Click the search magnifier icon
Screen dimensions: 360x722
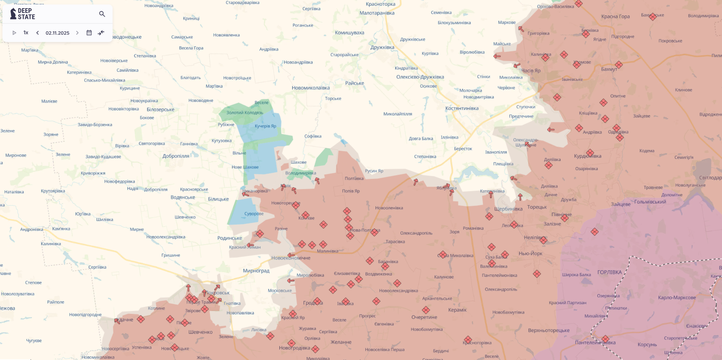pos(102,14)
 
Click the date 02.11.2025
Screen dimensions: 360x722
pos(58,33)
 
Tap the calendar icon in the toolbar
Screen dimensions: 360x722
pos(89,33)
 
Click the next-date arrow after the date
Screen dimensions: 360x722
pos(77,33)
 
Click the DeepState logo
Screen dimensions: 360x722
pos(23,14)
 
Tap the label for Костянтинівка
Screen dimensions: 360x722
pos(462,108)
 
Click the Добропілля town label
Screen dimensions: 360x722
pos(176,156)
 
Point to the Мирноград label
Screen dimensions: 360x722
pos(256,271)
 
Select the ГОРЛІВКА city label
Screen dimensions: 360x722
pos(609,272)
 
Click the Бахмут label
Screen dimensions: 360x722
pos(609,69)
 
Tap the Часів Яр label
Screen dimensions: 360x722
pos(531,71)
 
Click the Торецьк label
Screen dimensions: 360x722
pos(537,207)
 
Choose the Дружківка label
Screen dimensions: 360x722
pos(382,47)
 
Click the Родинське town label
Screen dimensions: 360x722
pos(230,238)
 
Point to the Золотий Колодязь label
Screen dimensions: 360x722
pos(245,113)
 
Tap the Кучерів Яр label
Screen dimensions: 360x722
pos(266,126)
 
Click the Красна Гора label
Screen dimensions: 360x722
pos(616,17)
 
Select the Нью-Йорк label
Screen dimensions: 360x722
pos(530,254)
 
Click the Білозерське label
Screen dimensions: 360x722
pos(160,110)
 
